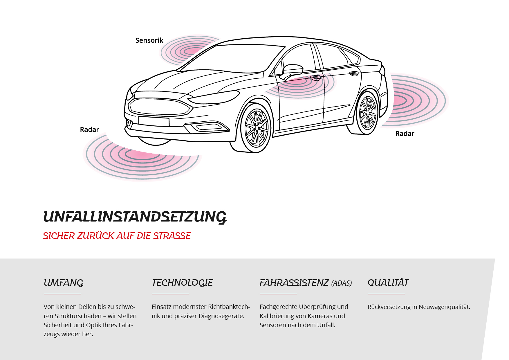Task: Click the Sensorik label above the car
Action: (x=149, y=40)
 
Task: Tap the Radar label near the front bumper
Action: (x=89, y=129)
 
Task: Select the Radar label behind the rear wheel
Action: (x=405, y=134)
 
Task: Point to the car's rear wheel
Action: (x=367, y=113)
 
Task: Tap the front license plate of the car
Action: (x=154, y=121)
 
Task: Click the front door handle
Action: (x=315, y=78)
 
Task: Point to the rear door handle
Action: (x=354, y=73)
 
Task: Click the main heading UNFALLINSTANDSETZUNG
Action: (x=135, y=217)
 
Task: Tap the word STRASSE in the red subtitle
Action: (x=172, y=236)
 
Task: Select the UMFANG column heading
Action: (x=64, y=283)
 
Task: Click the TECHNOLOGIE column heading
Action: (x=182, y=283)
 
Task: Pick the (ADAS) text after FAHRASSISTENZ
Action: (x=342, y=283)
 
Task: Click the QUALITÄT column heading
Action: (x=388, y=282)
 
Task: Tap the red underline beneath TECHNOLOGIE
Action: (x=170, y=294)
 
